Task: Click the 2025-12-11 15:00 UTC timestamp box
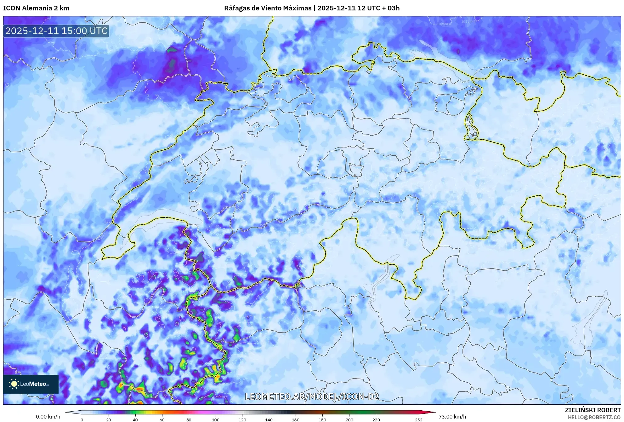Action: pos(56,31)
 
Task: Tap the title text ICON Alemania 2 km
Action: pos(36,8)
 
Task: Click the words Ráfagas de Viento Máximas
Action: pos(268,8)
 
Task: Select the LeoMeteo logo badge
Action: pos(31,384)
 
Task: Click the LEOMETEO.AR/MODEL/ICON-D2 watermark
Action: pos(312,396)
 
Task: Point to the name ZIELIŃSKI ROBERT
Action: pos(593,410)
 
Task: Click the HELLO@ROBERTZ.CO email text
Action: pos(594,417)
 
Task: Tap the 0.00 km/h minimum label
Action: pos(48,417)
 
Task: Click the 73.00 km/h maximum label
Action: pos(452,417)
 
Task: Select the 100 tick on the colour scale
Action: pos(215,419)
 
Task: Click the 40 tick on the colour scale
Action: pos(135,419)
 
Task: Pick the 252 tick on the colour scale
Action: pos(418,419)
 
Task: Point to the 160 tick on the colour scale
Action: pos(296,419)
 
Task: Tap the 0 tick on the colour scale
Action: pos(82,419)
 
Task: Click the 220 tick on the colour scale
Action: pos(376,419)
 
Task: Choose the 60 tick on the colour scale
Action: pos(162,419)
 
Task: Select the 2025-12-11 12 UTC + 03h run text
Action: pos(358,8)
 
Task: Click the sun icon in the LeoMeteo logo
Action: pos(14,384)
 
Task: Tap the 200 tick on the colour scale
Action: pos(349,419)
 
